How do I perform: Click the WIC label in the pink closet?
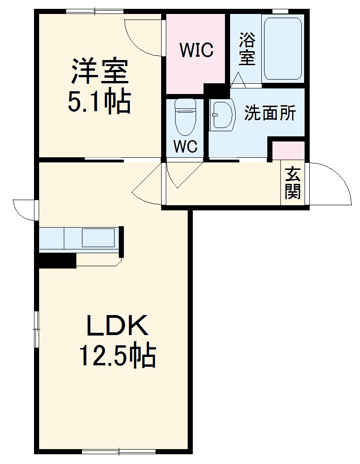pyautogui.click(x=197, y=49)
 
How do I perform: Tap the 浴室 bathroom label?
pyautogui.click(x=247, y=49)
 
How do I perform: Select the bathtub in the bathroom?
pyautogui.click(x=283, y=49)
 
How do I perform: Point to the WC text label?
pyautogui.click(x=185, y=146)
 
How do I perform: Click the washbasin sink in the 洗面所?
pyautogui.click(x=222, y=114)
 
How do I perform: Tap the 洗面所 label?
pyautogui.click(x=270, y=113)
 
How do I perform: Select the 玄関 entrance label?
pyautogui.click(x=292, y=183)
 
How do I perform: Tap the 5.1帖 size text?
pyautogui.click(x=99, y=102)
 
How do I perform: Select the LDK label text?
pyautogui.click(x=117, y=326)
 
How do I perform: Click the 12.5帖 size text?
pyautogui.click(x=116, y=356)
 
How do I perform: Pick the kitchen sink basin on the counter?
pyautogui.click(x=98, y=237)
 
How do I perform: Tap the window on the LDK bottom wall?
pyautogui.click(x=119, y=451)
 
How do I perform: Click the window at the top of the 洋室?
pyautogui.click(x=95, y=11)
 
